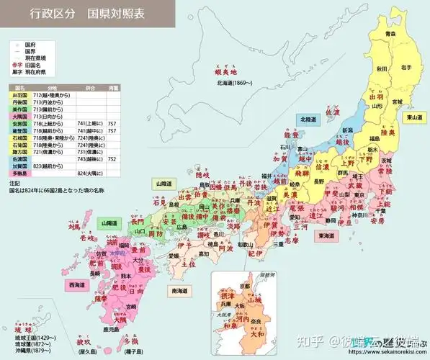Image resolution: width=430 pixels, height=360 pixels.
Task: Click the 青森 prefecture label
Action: [x=390, y=34]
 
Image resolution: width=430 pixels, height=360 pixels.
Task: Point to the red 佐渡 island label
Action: [x=332, y=112]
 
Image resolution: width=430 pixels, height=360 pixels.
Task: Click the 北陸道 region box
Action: [x=306, y=120]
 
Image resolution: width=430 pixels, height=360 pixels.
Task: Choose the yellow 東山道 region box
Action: [x=414, y=117]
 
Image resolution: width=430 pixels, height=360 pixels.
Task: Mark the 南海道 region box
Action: [x=180, y=291]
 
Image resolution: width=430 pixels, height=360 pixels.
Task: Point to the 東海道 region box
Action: [x=328, y=235]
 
